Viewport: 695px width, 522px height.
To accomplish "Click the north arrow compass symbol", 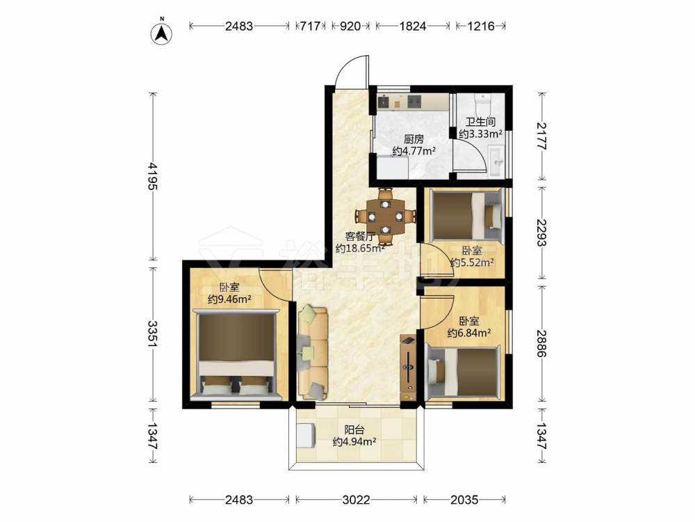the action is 162,33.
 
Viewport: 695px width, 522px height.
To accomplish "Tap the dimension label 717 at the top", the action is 310,26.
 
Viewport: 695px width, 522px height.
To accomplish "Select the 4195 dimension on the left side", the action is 153,176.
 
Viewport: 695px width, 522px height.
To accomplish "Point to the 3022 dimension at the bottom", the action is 357,500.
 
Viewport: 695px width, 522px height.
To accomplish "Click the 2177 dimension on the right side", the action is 541,136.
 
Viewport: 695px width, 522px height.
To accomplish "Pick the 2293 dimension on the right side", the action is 541,233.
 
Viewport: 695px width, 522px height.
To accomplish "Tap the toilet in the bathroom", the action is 482,105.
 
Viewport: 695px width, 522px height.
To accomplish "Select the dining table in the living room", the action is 386,216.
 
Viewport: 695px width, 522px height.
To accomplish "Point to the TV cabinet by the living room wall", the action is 408,369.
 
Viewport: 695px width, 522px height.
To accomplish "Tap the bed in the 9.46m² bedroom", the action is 236,355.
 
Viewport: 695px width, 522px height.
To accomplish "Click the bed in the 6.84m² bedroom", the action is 464,371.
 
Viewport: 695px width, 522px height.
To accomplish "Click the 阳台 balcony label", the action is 354,429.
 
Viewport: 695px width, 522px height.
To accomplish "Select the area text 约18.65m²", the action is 360,248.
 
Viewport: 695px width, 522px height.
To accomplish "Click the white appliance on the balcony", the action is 306,436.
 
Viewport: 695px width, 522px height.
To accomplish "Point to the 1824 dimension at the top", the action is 412,26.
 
